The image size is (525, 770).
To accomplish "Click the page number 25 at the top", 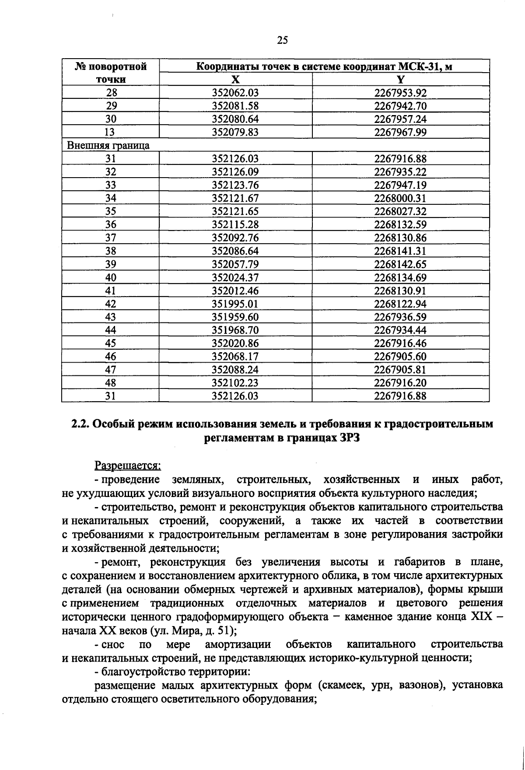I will (x=283, y=40).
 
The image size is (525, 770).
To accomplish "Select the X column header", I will (x=235, y=80).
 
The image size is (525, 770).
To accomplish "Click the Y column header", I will (x=400, y=80).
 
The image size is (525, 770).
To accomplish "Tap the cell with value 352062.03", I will (x=235, y=93).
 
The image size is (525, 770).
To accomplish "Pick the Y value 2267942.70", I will (x=400, y=106).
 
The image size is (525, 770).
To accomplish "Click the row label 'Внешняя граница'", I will (x=108, y=146).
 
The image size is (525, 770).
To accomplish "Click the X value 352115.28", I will (x=235, y=225).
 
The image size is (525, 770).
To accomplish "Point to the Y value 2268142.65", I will (x=400, y=264).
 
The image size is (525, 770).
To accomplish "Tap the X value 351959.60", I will (x=235, y=317).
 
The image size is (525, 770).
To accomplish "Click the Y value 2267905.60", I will (x=400, y=357).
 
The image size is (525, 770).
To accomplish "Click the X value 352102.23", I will (x=235, y=383).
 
